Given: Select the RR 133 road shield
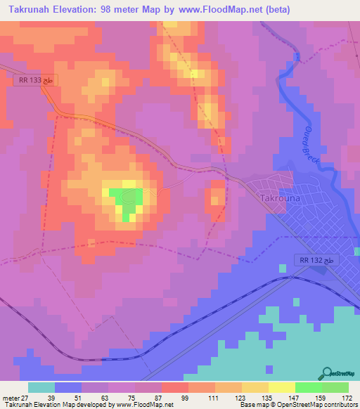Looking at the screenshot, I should pyautogui.click(x=33, y=82).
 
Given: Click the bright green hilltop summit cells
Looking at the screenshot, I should pyautogui.click(x=127, y=203).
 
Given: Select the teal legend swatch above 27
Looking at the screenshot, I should pyautogui.click(x=41, y=387).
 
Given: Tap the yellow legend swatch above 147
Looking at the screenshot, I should pyautogui.click(x=281, y=387).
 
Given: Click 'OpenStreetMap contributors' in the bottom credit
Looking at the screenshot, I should pyautogui.click(x=322, y=405).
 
